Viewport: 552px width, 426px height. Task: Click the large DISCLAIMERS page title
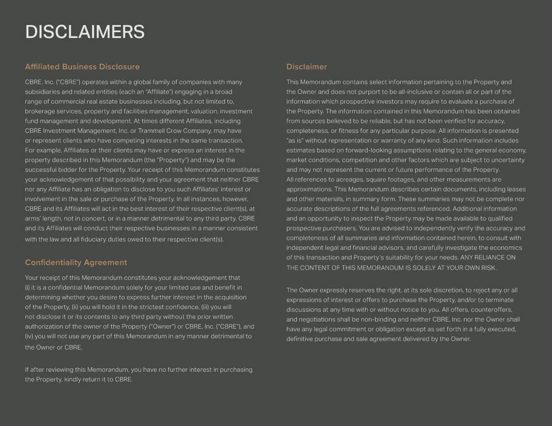point(85,32)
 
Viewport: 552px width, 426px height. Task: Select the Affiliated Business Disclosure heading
point(82,67)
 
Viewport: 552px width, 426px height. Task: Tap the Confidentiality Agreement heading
point(76,262)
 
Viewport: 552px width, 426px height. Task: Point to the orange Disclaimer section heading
point(306,67)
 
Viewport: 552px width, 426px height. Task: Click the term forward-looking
point(368,150)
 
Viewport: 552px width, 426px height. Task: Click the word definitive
point(299,339)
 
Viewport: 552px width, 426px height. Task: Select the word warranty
point(388,140)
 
